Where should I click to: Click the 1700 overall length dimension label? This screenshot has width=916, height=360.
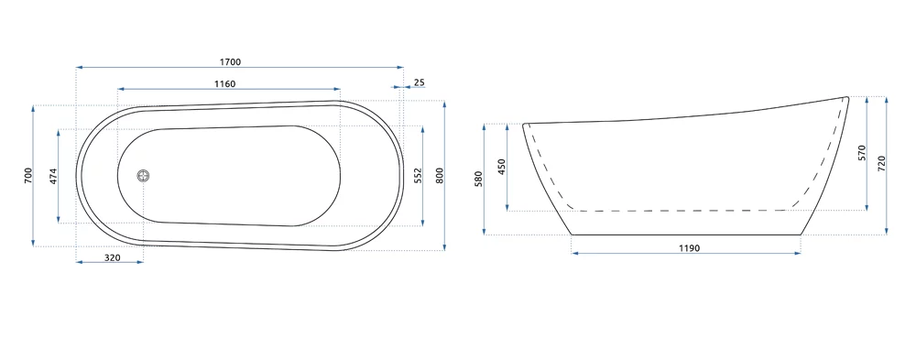point(230,62)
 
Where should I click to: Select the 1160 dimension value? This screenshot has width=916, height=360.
point(225,84)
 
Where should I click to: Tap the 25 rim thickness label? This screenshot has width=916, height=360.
point(419,82)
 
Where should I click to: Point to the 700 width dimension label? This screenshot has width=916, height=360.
point(28,176)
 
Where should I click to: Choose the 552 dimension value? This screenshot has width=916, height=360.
point(418,175)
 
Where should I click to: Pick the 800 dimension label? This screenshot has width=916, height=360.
point(440,176)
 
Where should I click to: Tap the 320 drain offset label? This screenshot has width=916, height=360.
point(113,257)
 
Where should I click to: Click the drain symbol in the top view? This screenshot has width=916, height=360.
point(144,175)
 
